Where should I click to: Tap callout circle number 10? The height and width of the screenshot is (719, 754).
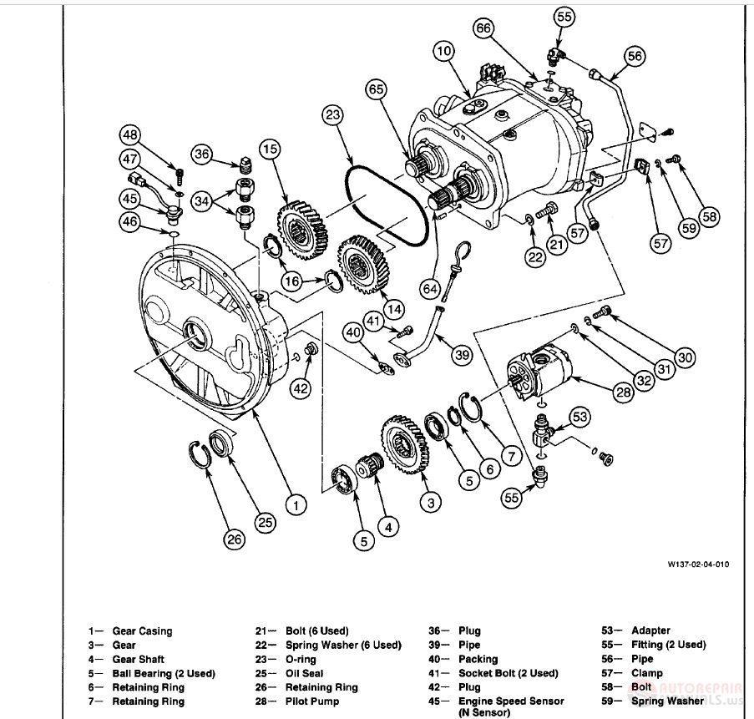click(x=444, y=53)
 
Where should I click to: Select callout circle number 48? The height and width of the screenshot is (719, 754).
click(x=129, y=135)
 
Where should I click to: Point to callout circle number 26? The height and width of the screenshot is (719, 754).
click(x=235, y=539)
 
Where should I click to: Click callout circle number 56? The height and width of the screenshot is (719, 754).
click(x=633, y=56)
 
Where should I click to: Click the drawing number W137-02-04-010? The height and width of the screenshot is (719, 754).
click(x=697, y=565)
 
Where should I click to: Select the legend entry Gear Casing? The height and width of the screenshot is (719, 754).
click(x=142, y=631)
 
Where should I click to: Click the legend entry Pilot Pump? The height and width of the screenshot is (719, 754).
click(x=311, y=701)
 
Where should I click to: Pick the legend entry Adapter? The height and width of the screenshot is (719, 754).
click(x=650, y=630)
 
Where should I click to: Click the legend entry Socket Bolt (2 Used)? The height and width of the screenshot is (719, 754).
click(x=508, y=673)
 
